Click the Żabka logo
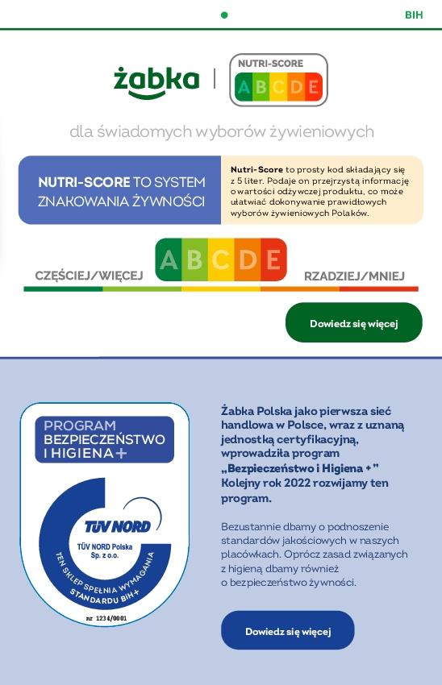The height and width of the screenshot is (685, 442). click(x=156, y=81)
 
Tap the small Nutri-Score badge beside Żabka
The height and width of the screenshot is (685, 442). click(x=278, y=80)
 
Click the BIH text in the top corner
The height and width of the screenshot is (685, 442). click(x=414, y=15)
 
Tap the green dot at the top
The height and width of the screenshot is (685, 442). click(x=224, y=15)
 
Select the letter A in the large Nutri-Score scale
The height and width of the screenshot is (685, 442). click(x=169, y=259)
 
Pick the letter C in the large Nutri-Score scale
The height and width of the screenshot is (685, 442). click(x=220, y=259)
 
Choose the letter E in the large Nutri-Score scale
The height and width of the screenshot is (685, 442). click(x=273, y=259)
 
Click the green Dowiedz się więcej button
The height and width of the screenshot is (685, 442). click(x=353, y=323)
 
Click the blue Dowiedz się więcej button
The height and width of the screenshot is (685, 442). click(x=287, y=631)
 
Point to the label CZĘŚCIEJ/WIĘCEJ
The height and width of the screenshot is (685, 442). click(x=89, y=276)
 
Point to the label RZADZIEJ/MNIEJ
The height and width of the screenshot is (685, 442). click(x=354, y=276)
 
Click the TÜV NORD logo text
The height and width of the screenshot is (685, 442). click(x=118, y=526)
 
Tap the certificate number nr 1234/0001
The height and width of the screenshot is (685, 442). click(x=106, y=618)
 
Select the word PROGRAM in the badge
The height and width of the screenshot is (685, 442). click(x=80, y=426)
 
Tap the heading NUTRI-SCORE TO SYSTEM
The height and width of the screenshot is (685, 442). click(x=121, y=182)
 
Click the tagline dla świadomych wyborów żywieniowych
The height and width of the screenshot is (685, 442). click(x=222, y=131)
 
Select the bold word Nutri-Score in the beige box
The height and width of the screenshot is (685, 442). click(x=256, y=169)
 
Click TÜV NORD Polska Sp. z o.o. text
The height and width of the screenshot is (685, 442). click(x=105, y=551)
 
